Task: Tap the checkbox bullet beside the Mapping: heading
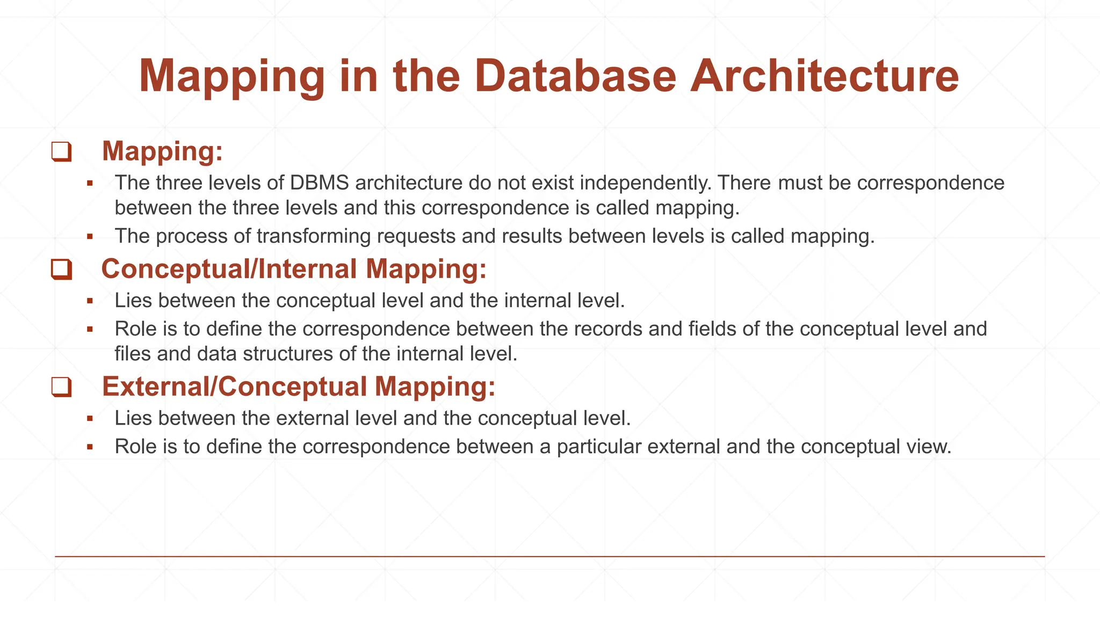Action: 61,151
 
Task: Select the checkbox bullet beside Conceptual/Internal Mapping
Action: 61,269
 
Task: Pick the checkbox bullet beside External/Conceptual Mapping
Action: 61,387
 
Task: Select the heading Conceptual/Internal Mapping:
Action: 294,269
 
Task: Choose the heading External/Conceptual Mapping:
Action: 299,387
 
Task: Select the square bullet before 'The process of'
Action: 90,236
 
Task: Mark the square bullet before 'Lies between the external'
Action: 90,418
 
